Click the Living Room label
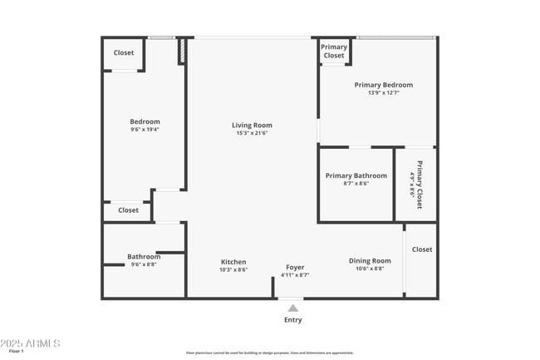point(252,126)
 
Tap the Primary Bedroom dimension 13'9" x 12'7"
point(383,93)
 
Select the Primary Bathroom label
point(356,175)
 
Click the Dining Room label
point(370,261)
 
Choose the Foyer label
point(295,267)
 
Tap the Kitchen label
point(233,262)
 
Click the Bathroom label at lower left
point(144,256)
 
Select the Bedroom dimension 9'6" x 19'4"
point(145,130)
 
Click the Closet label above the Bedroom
point(124,53)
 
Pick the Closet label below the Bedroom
point(128,210)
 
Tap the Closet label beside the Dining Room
point(422,249)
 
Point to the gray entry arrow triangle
point(292,308)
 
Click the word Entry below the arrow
point(293,320)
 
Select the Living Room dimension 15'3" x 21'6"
point(252,134)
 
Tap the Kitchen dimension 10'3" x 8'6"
point(233,270)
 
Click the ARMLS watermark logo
point(31,343)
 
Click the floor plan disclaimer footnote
point(270,353)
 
